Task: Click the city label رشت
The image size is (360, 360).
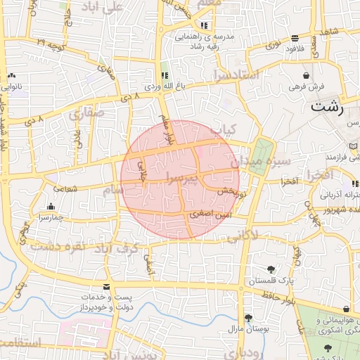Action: point(327,108)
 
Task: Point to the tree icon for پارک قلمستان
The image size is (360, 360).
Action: point(271,269)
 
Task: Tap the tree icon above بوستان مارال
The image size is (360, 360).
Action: point(247,318)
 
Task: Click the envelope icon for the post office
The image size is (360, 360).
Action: point(105,287)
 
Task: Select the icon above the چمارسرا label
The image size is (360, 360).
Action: point(51,207)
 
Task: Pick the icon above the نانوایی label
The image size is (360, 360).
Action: point(11,76)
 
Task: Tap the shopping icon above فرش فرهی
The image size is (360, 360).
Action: point(306,75)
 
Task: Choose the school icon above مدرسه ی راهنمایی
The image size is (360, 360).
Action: point(203,25)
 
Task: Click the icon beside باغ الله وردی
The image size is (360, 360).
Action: point(165,75)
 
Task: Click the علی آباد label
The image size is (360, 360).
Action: point(105,6)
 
